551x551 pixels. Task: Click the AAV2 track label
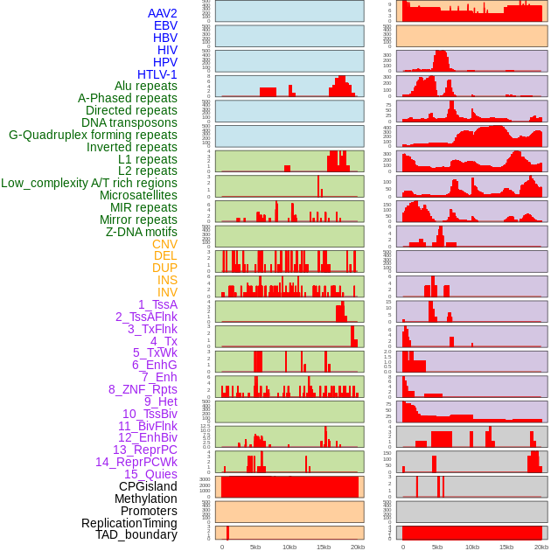tap(162, 13)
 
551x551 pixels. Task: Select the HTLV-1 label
tap(157, 74)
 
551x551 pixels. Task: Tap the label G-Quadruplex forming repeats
tap(93, 135)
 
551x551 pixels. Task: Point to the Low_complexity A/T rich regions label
tap(88, 183)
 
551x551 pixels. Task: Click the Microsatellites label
tap(138, 195)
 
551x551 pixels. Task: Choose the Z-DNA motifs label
tap(141, 232)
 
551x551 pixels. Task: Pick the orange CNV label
tap(164, 244)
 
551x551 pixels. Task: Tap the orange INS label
tap(167, 280)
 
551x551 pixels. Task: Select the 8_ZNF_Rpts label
tap(143, 389)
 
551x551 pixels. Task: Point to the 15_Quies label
tap(150, 474)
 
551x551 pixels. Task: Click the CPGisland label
tap(148, 486)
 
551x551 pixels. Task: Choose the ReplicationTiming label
tap(129, 523)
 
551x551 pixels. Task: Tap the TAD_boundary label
tap(136, 534)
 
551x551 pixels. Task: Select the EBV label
tap(165, 25)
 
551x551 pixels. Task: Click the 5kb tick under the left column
tap(255, 547)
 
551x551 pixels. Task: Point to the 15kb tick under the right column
tap(506, 547)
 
